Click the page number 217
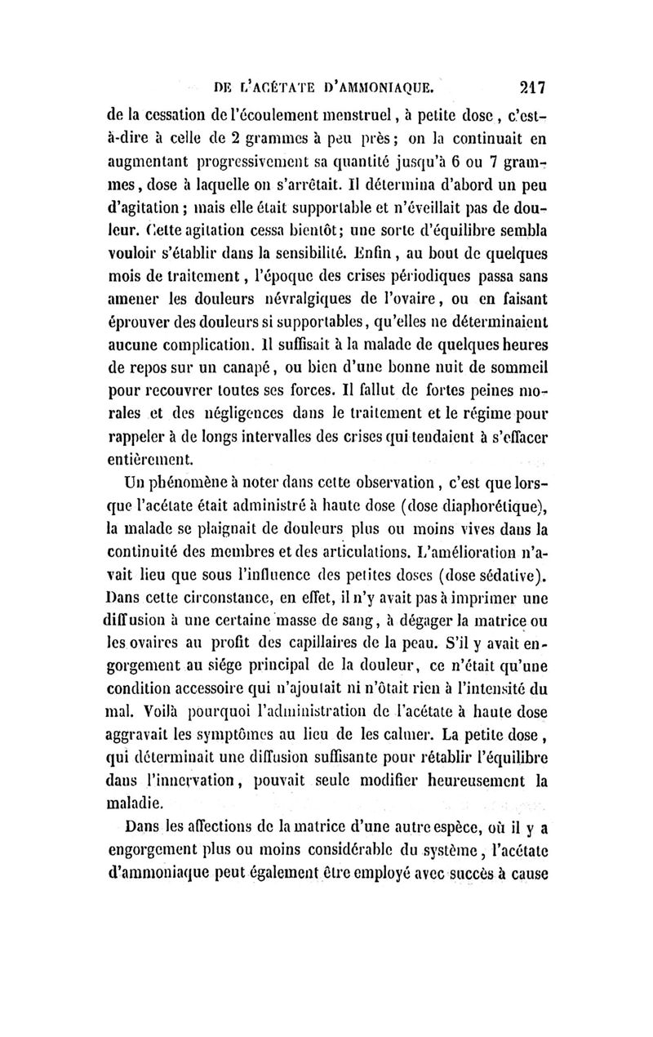[529, 86]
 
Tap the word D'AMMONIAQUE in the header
[381, 87]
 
